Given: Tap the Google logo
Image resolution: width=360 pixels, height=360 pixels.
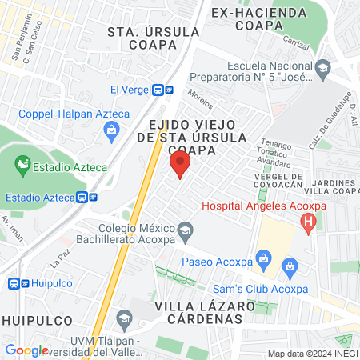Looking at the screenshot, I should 26,350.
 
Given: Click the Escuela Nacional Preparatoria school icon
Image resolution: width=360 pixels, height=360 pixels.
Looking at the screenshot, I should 322,67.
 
